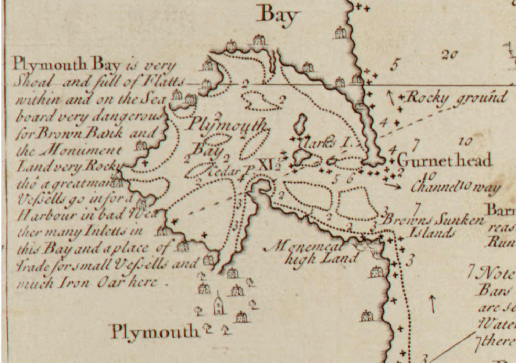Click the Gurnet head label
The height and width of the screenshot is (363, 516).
pyautogui.click(x=444, y=161)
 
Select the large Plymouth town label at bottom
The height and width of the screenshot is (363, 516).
pyautogui.click(x=155, y=332)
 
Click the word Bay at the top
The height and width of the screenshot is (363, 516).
pyautogui.click(x=279, y=15)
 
